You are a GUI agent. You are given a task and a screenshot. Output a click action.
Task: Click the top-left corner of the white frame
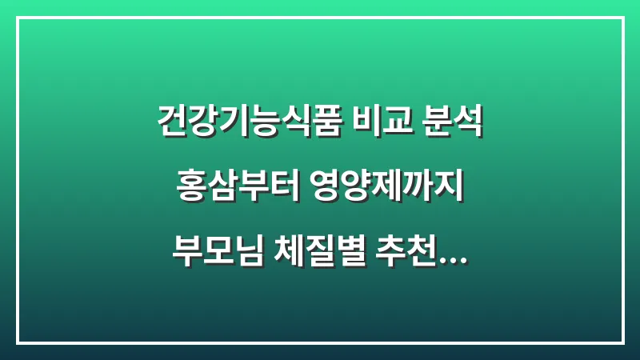18,18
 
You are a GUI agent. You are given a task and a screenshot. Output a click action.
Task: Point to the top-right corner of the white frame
622,18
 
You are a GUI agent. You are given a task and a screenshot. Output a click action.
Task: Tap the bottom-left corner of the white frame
18,342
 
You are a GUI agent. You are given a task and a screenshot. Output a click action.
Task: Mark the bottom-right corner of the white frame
622,342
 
